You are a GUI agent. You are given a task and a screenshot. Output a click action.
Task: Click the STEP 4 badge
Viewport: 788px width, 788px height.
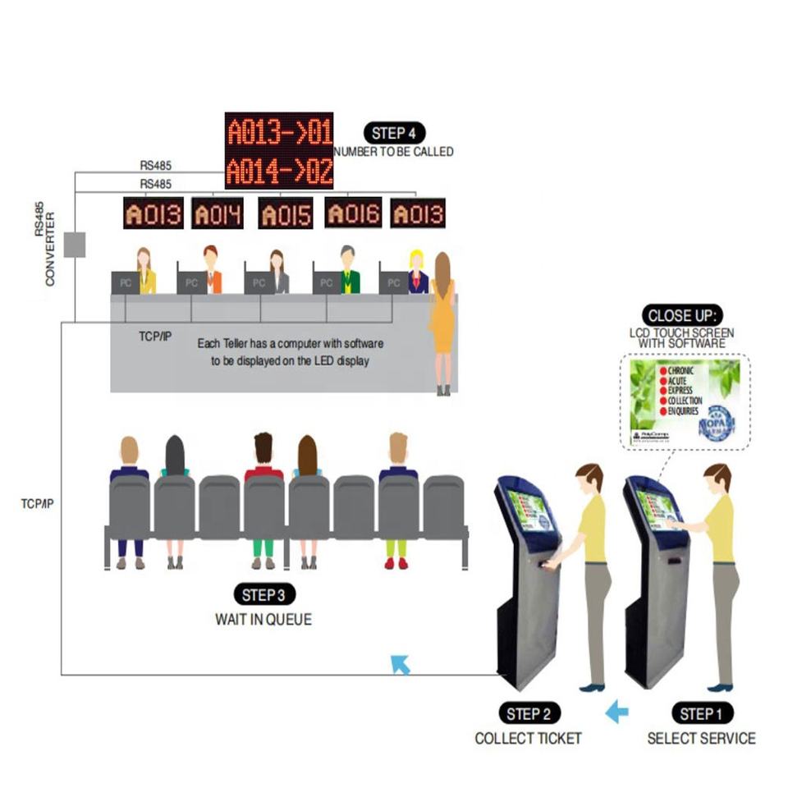pos(395,134)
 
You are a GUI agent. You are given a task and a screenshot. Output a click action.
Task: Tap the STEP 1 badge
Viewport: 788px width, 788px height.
pos(702,713)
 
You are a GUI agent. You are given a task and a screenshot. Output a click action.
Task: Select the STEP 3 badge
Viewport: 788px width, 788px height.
pos(263,595)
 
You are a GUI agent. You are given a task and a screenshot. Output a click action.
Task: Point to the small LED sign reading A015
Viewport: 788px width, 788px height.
pos(285,214)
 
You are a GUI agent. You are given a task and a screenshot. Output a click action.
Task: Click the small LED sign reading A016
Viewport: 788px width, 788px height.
pos(353,213)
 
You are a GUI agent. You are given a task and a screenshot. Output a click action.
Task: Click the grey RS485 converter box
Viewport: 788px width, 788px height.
pos(75,244)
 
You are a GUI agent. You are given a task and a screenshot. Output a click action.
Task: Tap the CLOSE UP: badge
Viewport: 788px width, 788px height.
pos(682,316)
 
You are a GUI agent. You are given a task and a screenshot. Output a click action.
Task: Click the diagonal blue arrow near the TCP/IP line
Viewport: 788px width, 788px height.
pos(400,664)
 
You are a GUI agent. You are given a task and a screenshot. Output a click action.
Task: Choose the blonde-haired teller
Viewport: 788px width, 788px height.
pos(417,273)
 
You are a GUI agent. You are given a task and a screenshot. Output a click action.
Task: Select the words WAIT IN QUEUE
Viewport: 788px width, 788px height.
pos(263,620)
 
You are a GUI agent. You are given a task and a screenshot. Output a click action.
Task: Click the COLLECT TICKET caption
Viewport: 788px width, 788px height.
pos(528,738)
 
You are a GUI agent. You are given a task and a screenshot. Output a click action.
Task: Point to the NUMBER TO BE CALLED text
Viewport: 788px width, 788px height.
pos(393,152)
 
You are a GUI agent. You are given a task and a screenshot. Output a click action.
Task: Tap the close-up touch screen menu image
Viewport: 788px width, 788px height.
pos(685,402)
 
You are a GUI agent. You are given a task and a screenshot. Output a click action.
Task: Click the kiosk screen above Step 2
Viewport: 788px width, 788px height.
pos(529,511)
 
